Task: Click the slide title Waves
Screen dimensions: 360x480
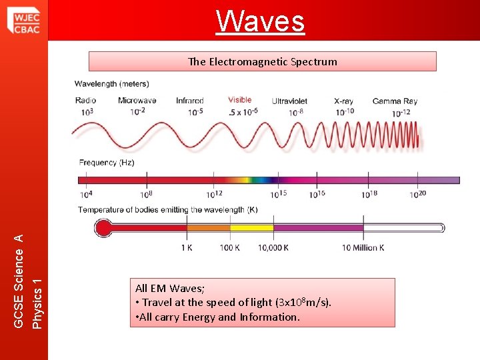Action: (x=261, y=21)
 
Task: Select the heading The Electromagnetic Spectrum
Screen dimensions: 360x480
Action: (x=263, y=62)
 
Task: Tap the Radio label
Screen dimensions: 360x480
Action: (x=86, y=101)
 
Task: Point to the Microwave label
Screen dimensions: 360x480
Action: (x=137, y=101)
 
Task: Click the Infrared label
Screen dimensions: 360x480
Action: (x=190, y=101)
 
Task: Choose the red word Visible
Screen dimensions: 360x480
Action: (x=239, y=100)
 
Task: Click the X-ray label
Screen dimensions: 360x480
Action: (x=345, y=101)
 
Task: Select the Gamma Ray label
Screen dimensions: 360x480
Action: (x=395, y=101)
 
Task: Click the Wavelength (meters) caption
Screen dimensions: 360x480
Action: (x=111, y=84)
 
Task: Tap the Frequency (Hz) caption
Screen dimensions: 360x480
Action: (x=107, y=162)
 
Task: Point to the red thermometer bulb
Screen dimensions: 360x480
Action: (x=103, y=228)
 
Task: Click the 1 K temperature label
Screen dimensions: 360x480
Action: (x=187, y=247)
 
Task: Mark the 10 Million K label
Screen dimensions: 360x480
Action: (x=363, y=247)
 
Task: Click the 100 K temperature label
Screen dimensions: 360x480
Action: (x=229, y=247)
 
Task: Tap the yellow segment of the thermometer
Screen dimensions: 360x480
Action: (x=251, y=228)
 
